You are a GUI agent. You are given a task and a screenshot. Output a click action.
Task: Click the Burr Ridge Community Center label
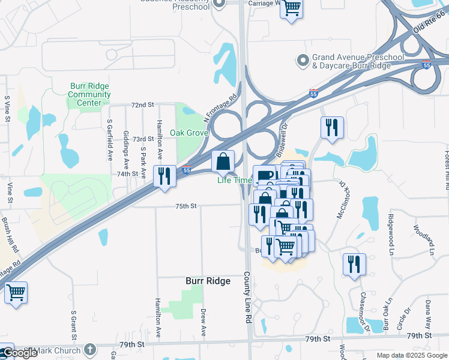click(89, 94)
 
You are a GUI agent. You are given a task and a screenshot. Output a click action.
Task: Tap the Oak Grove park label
click(188, 133)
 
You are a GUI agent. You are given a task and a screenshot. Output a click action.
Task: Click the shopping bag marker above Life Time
click(223, 161)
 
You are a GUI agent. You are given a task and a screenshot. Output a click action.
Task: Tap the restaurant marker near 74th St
click(164, 176)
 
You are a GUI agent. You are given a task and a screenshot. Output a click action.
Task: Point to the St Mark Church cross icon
click(89, 349)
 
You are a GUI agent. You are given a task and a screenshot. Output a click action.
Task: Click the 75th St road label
click(186, 206)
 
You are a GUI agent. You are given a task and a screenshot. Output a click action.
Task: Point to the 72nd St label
click(143, 105)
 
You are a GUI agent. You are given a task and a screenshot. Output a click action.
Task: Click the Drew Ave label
click(203, 322)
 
